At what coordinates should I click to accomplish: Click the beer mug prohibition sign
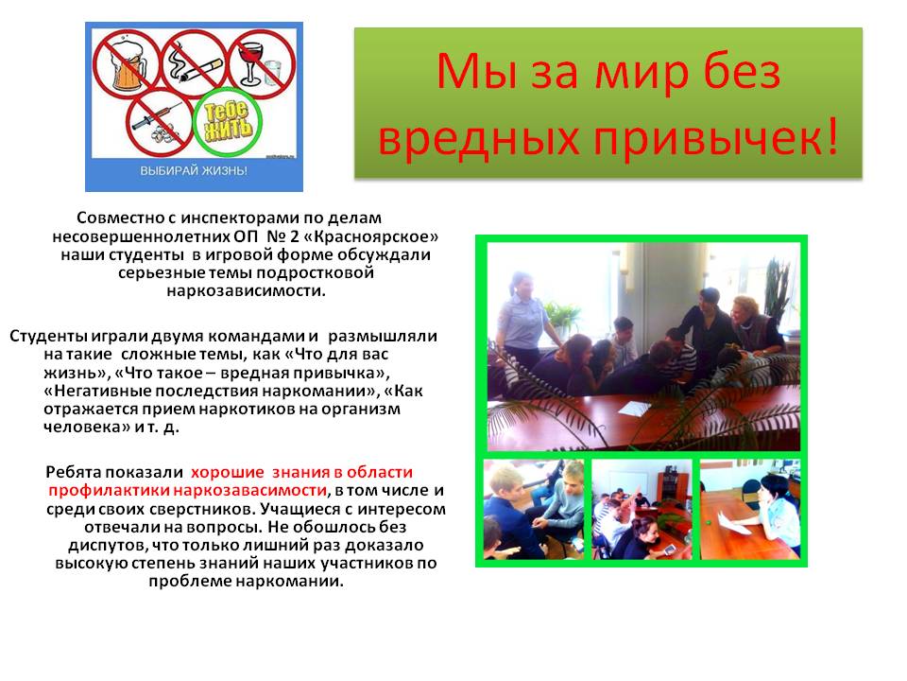(x=127, y=63)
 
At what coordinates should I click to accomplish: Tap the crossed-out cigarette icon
(x=195, y=63)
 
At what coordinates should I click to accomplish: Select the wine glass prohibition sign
(x=262, y=63)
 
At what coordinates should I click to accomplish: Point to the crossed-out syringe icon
(x=159, y=122)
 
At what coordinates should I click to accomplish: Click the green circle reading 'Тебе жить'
(x=228, y=122)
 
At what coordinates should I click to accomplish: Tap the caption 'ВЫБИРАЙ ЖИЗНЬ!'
(x=194, y=171)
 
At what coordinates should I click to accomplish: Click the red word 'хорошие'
(x=228, y=472)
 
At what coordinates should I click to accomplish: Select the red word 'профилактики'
(x=109, y=491)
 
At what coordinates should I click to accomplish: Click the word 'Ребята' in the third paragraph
(x=74, y=472)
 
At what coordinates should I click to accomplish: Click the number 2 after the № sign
(x=294, y=236)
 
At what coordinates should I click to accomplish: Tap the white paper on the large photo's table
(x=635, y=409)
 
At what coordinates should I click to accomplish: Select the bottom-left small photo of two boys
(x=534, y=510)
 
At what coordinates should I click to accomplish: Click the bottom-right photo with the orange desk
(x=750, y=510)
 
